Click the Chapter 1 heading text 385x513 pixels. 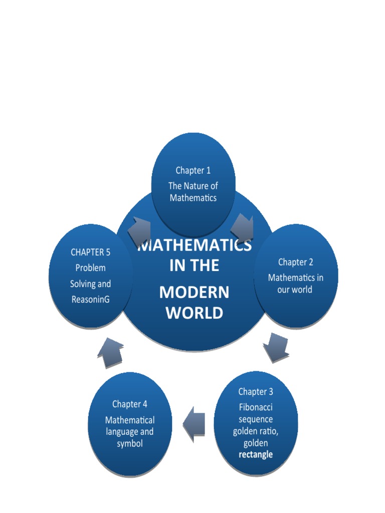[x=193, y=170]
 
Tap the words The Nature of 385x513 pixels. [x=193, y=186]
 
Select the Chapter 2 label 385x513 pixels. [x=296, y=262]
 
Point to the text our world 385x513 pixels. [x=295, y=290]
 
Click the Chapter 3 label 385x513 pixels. [x=256, y=392]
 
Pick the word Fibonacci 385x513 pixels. [x=256, y=407]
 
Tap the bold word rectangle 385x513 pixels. [x=256, y=454]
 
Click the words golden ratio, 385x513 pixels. [x=256, y=431]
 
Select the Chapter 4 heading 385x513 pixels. [x=130, y=404]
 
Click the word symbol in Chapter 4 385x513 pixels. [x=130, y=443]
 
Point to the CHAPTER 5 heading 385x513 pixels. [x=90, y=252]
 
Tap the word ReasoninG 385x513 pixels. [x=90, y=299]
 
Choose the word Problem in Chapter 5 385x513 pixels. [x=90, y=268]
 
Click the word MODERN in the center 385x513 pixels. [x=194, y=292]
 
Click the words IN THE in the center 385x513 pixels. [x=194, y=266]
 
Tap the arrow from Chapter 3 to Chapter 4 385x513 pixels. [x=195, y=424]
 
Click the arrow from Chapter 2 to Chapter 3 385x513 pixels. [x=276, y=348]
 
